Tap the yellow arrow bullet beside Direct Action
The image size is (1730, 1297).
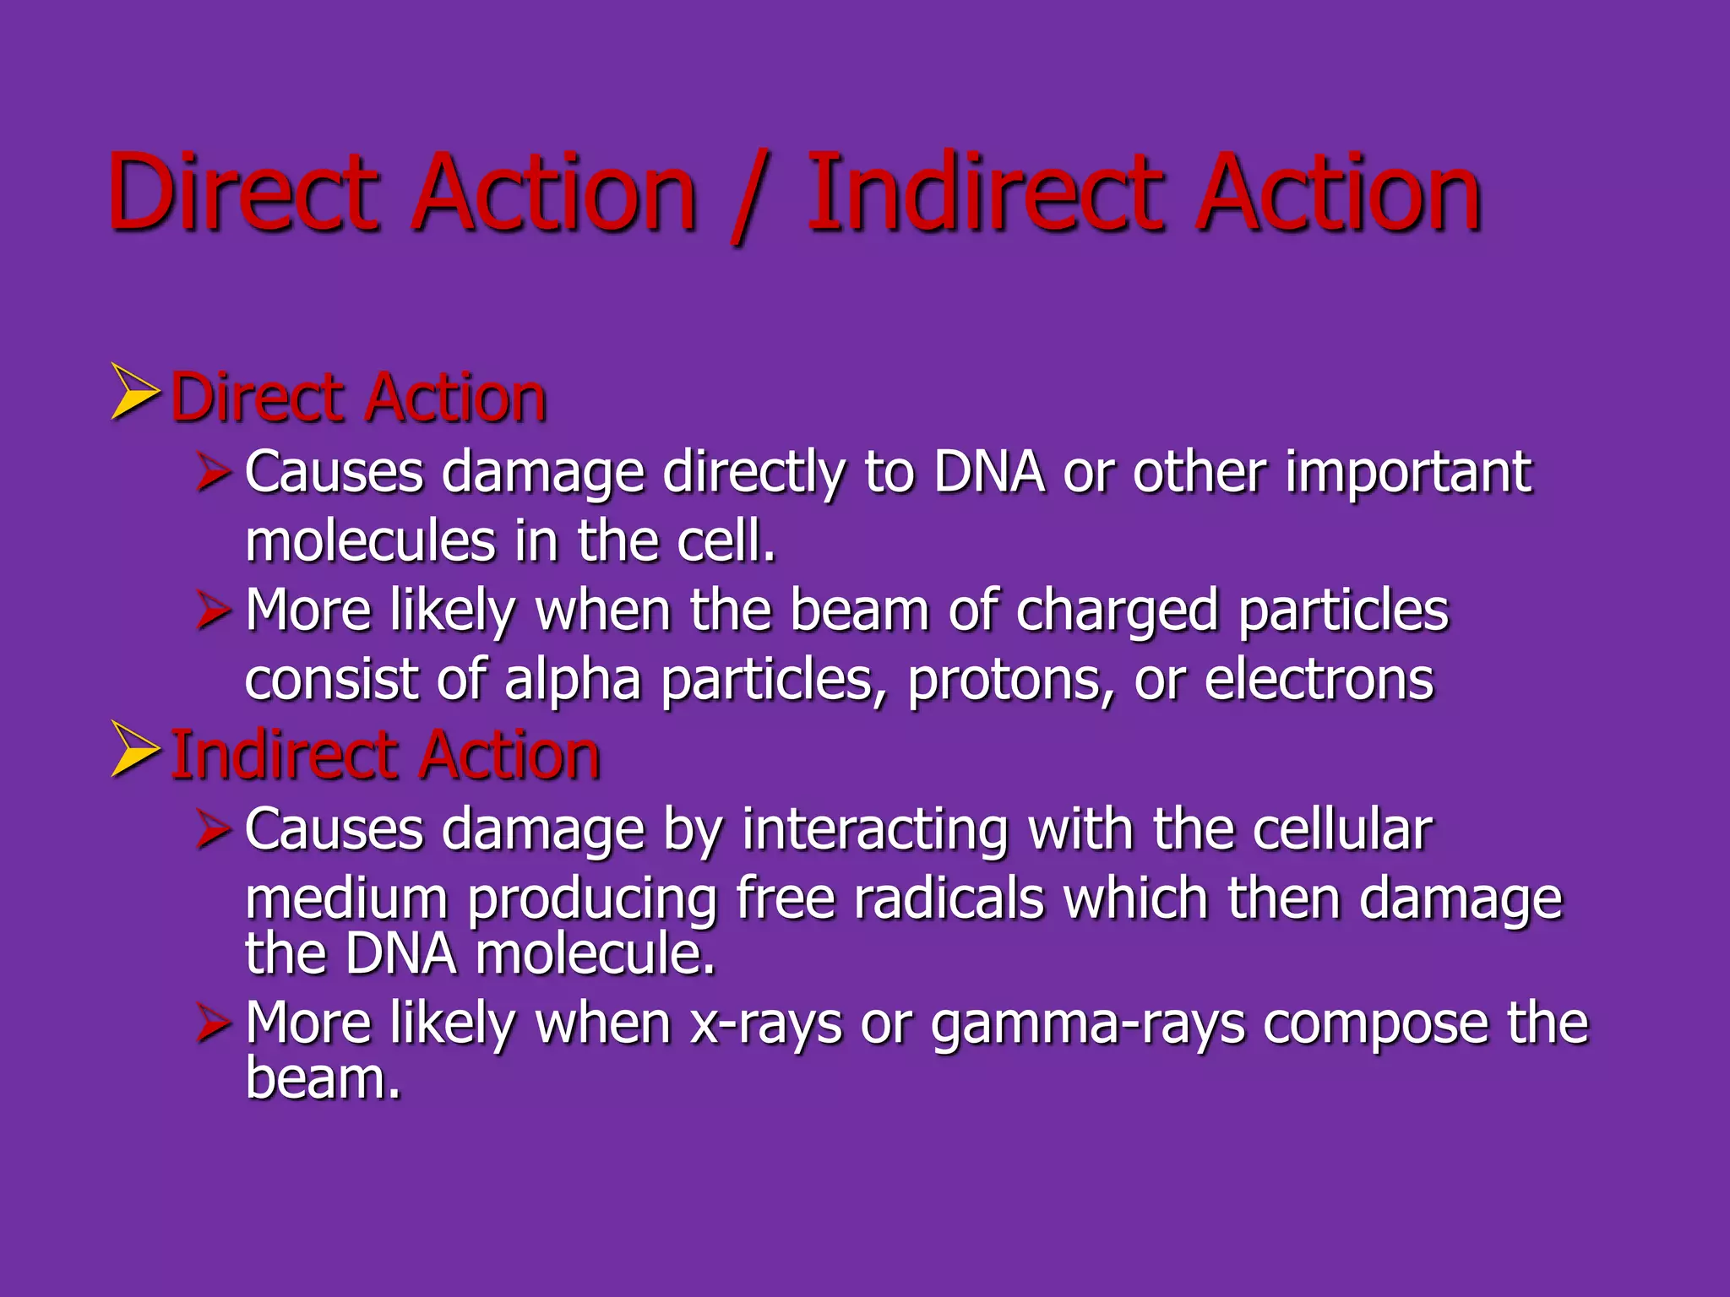135,392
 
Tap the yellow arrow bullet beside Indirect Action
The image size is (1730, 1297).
135,749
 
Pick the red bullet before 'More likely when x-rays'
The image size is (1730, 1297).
214,1023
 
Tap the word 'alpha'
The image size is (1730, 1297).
573,681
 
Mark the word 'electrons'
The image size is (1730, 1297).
1319,681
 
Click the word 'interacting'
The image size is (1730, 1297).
875,829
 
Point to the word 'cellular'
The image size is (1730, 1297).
1342,829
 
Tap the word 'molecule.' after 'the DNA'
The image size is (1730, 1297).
595,954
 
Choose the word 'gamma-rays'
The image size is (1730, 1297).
1088,1024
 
